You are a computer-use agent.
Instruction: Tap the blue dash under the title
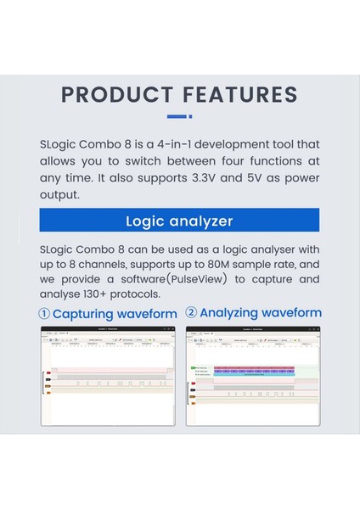177,116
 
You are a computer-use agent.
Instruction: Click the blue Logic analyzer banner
179,221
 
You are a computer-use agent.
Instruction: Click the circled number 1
45,314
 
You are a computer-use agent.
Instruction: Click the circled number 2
191,313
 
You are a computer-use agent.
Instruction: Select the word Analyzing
229,313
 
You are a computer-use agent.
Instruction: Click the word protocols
160,294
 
